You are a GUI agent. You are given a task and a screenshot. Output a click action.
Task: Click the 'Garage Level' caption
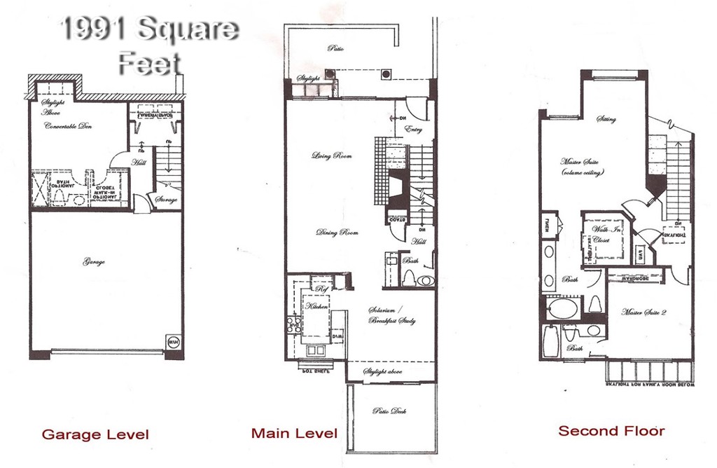pyautogui.click(x=95, y=434)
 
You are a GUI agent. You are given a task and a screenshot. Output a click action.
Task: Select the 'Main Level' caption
pyautogui.click(x=294, y=433)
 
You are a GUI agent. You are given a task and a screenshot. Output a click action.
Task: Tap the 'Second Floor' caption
pyautogui.click(x=611, y=430)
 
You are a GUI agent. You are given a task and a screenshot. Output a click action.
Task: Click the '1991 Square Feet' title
pyautogui.click(x=149, y=46)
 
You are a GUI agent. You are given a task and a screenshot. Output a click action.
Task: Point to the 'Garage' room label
pyautogui.click(x=94, y=262)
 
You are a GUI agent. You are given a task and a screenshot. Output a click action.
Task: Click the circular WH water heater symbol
pyautogui.click(x=173, y=343)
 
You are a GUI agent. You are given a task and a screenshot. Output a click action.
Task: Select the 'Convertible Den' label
pyautogui.click(x=69, y=127)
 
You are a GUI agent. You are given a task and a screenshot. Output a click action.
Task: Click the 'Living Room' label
pyautogui.click(x=331, y=156)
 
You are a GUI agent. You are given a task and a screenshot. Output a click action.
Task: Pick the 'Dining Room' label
pyautogui.click(x=337, y=233)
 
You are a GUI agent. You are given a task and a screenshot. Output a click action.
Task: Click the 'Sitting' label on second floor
pyautogui.click(x=606, y=120)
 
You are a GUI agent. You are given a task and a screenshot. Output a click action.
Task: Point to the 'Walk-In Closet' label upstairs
pyautogui.click(x=601, y=235)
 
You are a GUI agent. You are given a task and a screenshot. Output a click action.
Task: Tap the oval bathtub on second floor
pyautogui.click(x=564, y=308)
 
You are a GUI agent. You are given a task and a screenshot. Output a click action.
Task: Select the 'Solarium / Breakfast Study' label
pyautogui.click(x=392, y=315)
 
